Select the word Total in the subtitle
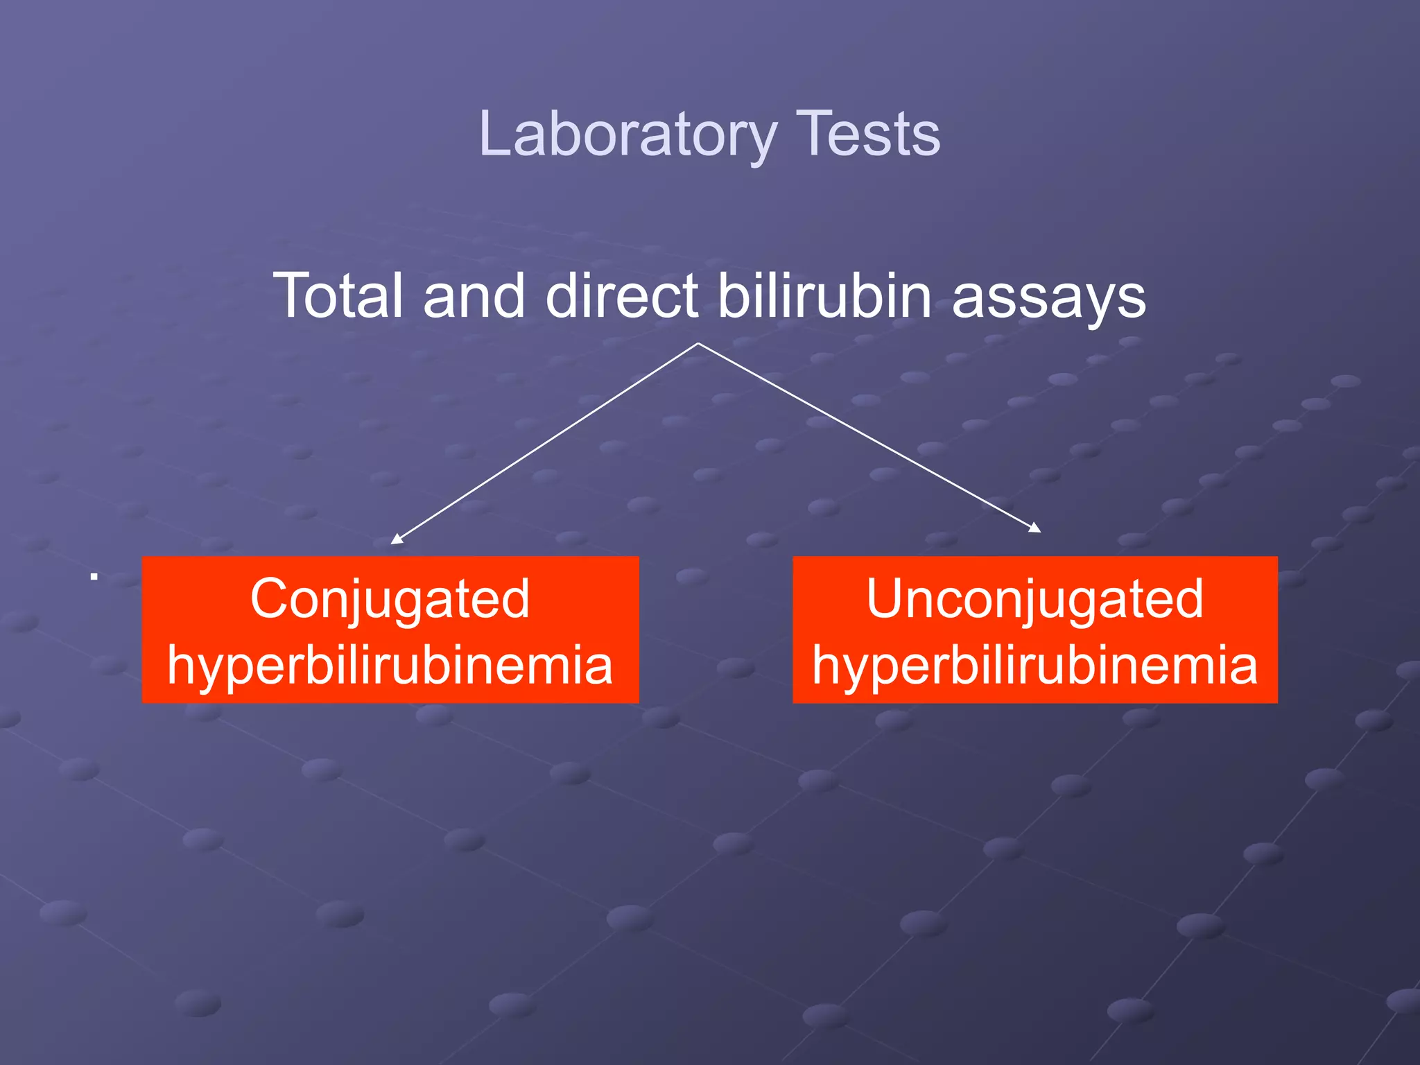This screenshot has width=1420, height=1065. coord(338,296)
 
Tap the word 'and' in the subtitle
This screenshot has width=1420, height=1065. coord(474,296)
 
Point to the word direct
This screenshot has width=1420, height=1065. coord(622,296)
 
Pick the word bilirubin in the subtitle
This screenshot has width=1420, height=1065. coord(824,296)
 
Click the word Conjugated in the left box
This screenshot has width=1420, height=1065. coord(390,599)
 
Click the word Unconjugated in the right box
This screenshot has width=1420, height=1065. coord(1034,599)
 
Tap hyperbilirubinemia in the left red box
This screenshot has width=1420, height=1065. coord(390,666)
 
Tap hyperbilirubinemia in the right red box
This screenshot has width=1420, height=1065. coord(1034,666)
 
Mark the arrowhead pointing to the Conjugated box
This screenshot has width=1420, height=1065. coord(396,539)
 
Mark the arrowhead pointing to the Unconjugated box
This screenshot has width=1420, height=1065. coord(1035,528)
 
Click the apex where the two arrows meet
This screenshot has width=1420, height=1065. coord(698,343)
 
